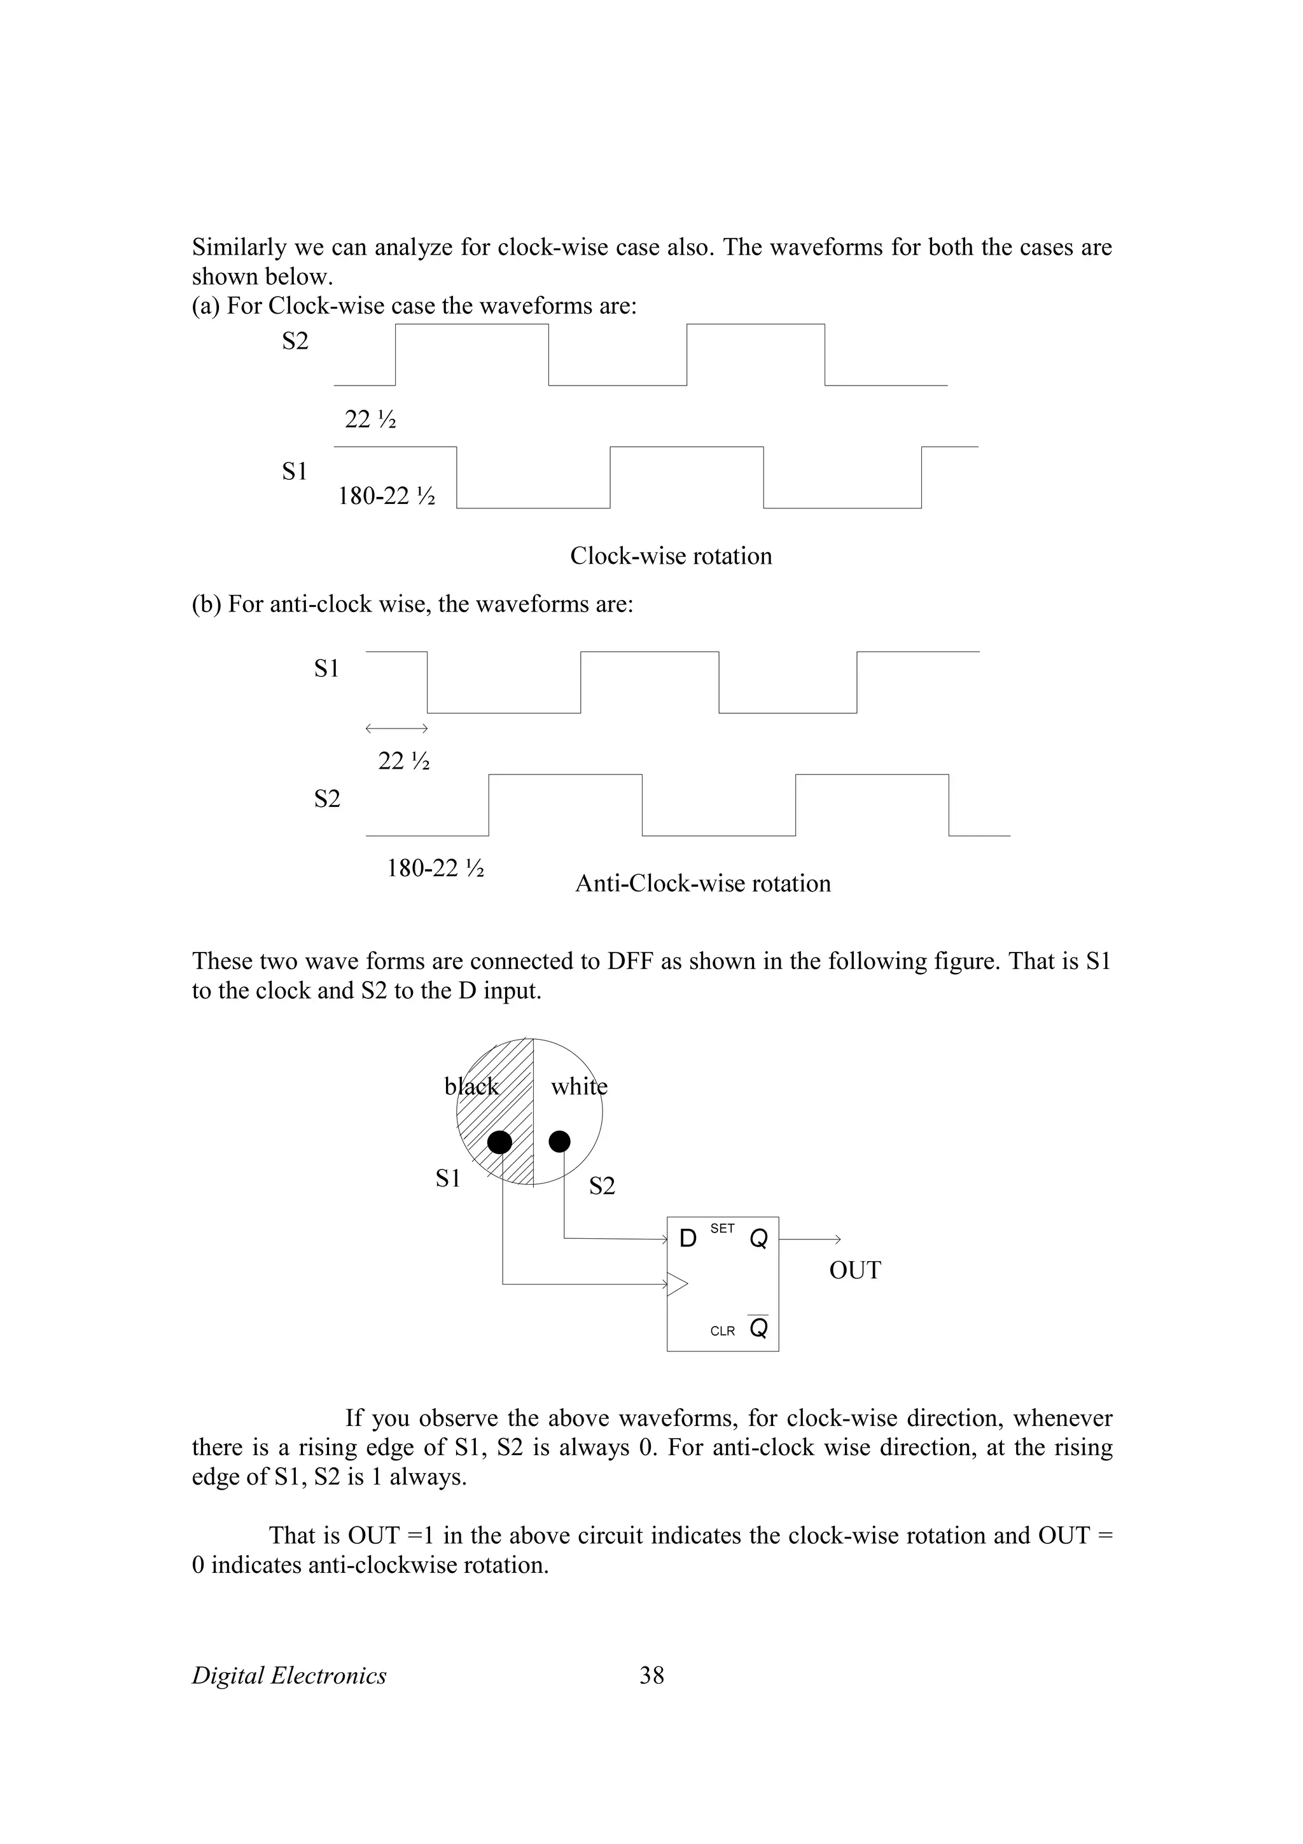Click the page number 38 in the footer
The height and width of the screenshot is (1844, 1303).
[x=651, y=1675]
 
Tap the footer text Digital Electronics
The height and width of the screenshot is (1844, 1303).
[x=289, y=1675]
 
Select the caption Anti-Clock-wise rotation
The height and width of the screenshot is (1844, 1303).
[x=702, y=883]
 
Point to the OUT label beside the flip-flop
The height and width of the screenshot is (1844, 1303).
[x=854, y=1270]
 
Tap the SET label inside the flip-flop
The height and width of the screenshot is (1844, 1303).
[x=723, y=1228]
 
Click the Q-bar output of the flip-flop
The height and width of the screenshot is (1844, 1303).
[x=758, y=1329]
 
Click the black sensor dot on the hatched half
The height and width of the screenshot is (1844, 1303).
[x=500, y=1142]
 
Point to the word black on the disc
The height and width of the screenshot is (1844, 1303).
[x=471, y=1087]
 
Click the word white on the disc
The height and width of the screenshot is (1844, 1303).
[x=579, y=1087]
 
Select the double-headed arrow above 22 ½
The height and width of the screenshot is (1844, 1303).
[x=396, y=729]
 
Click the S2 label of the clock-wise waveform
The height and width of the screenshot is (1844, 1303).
[x=295, y=341]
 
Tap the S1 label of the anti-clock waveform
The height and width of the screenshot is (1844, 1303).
[x=327, y=668]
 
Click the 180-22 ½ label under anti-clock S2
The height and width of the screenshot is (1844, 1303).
[x=435, y=868]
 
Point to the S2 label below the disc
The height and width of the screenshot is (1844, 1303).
[x=602, y=1185]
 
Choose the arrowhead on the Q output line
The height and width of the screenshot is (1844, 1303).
[x=837, y=1240]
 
